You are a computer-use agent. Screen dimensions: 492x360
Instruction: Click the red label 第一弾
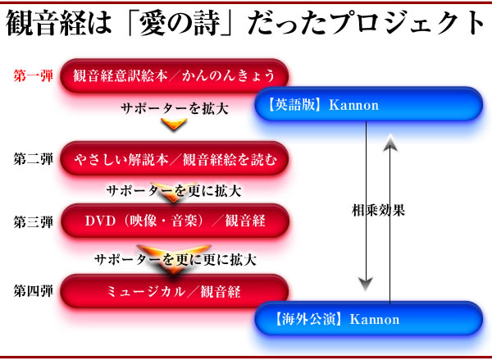(x=34, y=76)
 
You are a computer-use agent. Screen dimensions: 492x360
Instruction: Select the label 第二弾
(x=34, y=159)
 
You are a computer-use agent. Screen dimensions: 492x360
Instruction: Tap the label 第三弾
(x=34, y=222)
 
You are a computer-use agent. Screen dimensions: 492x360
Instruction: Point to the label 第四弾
(x=34, y=290)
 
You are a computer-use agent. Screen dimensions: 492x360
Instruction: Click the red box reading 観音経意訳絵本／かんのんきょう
(x=175, y=76)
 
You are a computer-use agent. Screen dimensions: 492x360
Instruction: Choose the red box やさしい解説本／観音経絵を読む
(x=175, y=159)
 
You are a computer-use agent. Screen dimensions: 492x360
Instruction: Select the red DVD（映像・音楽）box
(x=175, y=221)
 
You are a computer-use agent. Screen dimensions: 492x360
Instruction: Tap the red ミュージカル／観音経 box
(x=175, y=291)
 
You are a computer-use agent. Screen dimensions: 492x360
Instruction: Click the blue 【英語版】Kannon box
(x=369, y=104)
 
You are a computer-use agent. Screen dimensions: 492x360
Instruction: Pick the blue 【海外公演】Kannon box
(x=369, y=319)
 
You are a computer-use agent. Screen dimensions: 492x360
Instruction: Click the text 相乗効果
(x=378, y=210)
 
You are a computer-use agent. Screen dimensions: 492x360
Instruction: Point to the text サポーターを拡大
(x=175, y=108)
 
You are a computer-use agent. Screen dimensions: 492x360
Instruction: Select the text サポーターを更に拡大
(x=174, y=191)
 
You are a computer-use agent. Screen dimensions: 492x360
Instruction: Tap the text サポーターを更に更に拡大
(x=175, y=260)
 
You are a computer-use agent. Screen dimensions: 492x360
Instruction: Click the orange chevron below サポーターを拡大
(x=174, y=124)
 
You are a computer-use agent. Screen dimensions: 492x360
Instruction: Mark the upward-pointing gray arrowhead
(x=390, y=143)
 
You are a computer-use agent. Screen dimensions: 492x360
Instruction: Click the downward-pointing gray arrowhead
(x=366, y=284)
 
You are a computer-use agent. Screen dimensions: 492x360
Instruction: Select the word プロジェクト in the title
(x=408, y=24)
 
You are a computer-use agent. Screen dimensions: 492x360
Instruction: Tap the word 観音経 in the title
(x=45, y=24)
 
